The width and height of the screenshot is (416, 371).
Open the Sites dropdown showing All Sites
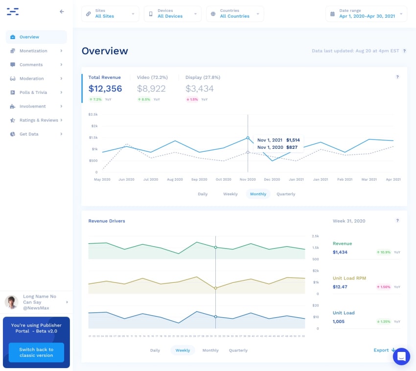coord(110,14)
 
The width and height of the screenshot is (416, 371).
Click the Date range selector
coord(366,14)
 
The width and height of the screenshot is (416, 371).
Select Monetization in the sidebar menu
coord(33,51)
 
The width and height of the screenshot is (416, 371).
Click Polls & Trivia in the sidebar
coord(33,93)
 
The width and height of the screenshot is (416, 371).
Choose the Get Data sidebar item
coord(29,134)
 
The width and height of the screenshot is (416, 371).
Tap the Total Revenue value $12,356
coord(105,89)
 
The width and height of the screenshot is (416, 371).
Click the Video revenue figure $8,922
coord(151,89)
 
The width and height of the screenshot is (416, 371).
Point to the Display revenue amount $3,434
coord(200,89)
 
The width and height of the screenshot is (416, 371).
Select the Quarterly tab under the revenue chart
coord(286,194)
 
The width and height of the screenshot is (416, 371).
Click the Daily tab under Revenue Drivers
coord(155,350)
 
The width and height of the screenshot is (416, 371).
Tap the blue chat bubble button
coord(401,357)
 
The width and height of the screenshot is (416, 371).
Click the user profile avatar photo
coord(12,302)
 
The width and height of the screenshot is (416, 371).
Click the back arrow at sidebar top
coord(62,12)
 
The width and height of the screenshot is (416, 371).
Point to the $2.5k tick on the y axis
coord(92,115)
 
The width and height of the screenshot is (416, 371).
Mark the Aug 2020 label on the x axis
coord(175,180)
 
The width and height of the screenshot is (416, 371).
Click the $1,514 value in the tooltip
coord(293,140)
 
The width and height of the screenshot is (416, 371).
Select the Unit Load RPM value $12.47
coord(340,287)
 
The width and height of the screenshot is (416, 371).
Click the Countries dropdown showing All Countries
coord(235,14)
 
